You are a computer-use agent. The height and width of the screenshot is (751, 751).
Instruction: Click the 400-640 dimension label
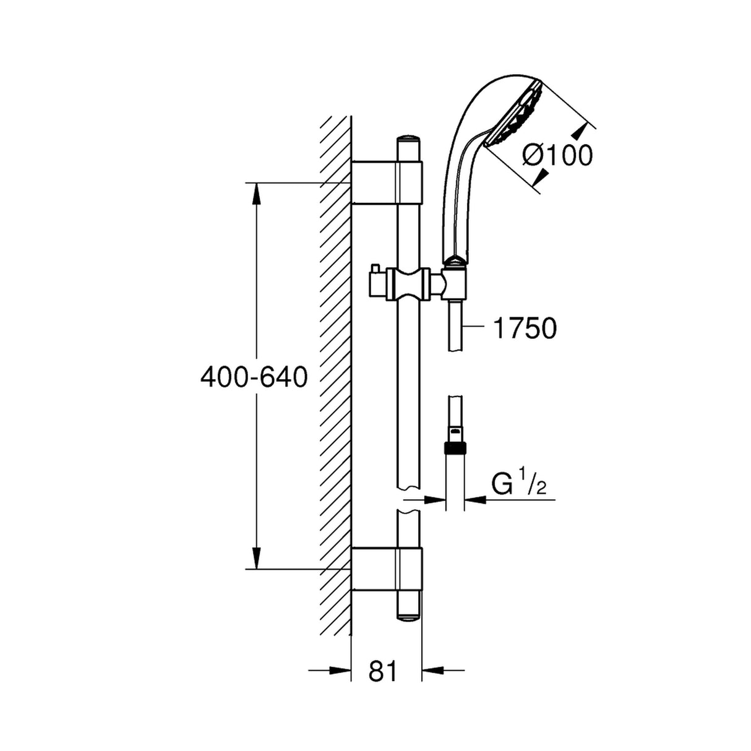pos(254,377)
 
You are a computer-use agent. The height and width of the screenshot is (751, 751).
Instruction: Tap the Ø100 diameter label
pos(557,155)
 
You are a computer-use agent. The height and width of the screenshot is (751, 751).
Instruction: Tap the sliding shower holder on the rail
pos(408,284)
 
